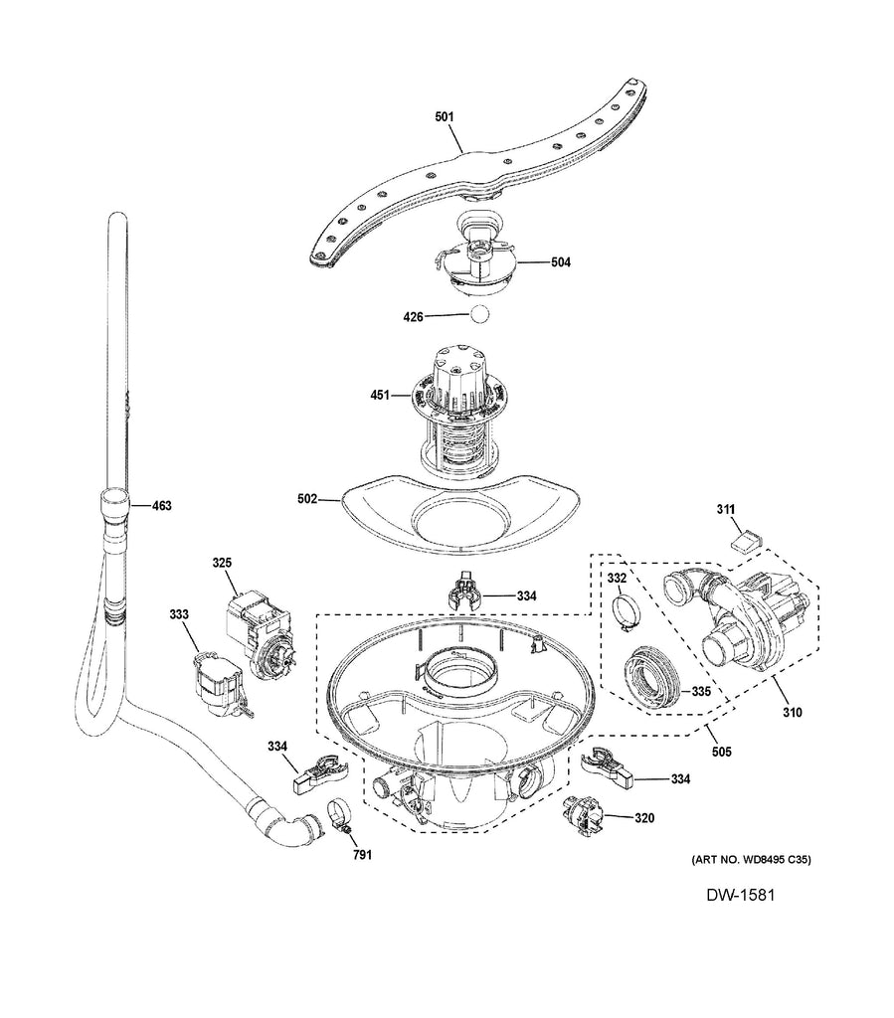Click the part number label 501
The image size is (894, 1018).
coord(445,117)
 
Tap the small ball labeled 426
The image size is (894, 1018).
coord(480,316)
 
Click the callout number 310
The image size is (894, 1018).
coord(792,712)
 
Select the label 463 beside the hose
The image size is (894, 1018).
coord(160,506)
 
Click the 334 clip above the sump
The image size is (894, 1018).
coord(465,593)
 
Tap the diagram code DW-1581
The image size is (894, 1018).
coord(740,897)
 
